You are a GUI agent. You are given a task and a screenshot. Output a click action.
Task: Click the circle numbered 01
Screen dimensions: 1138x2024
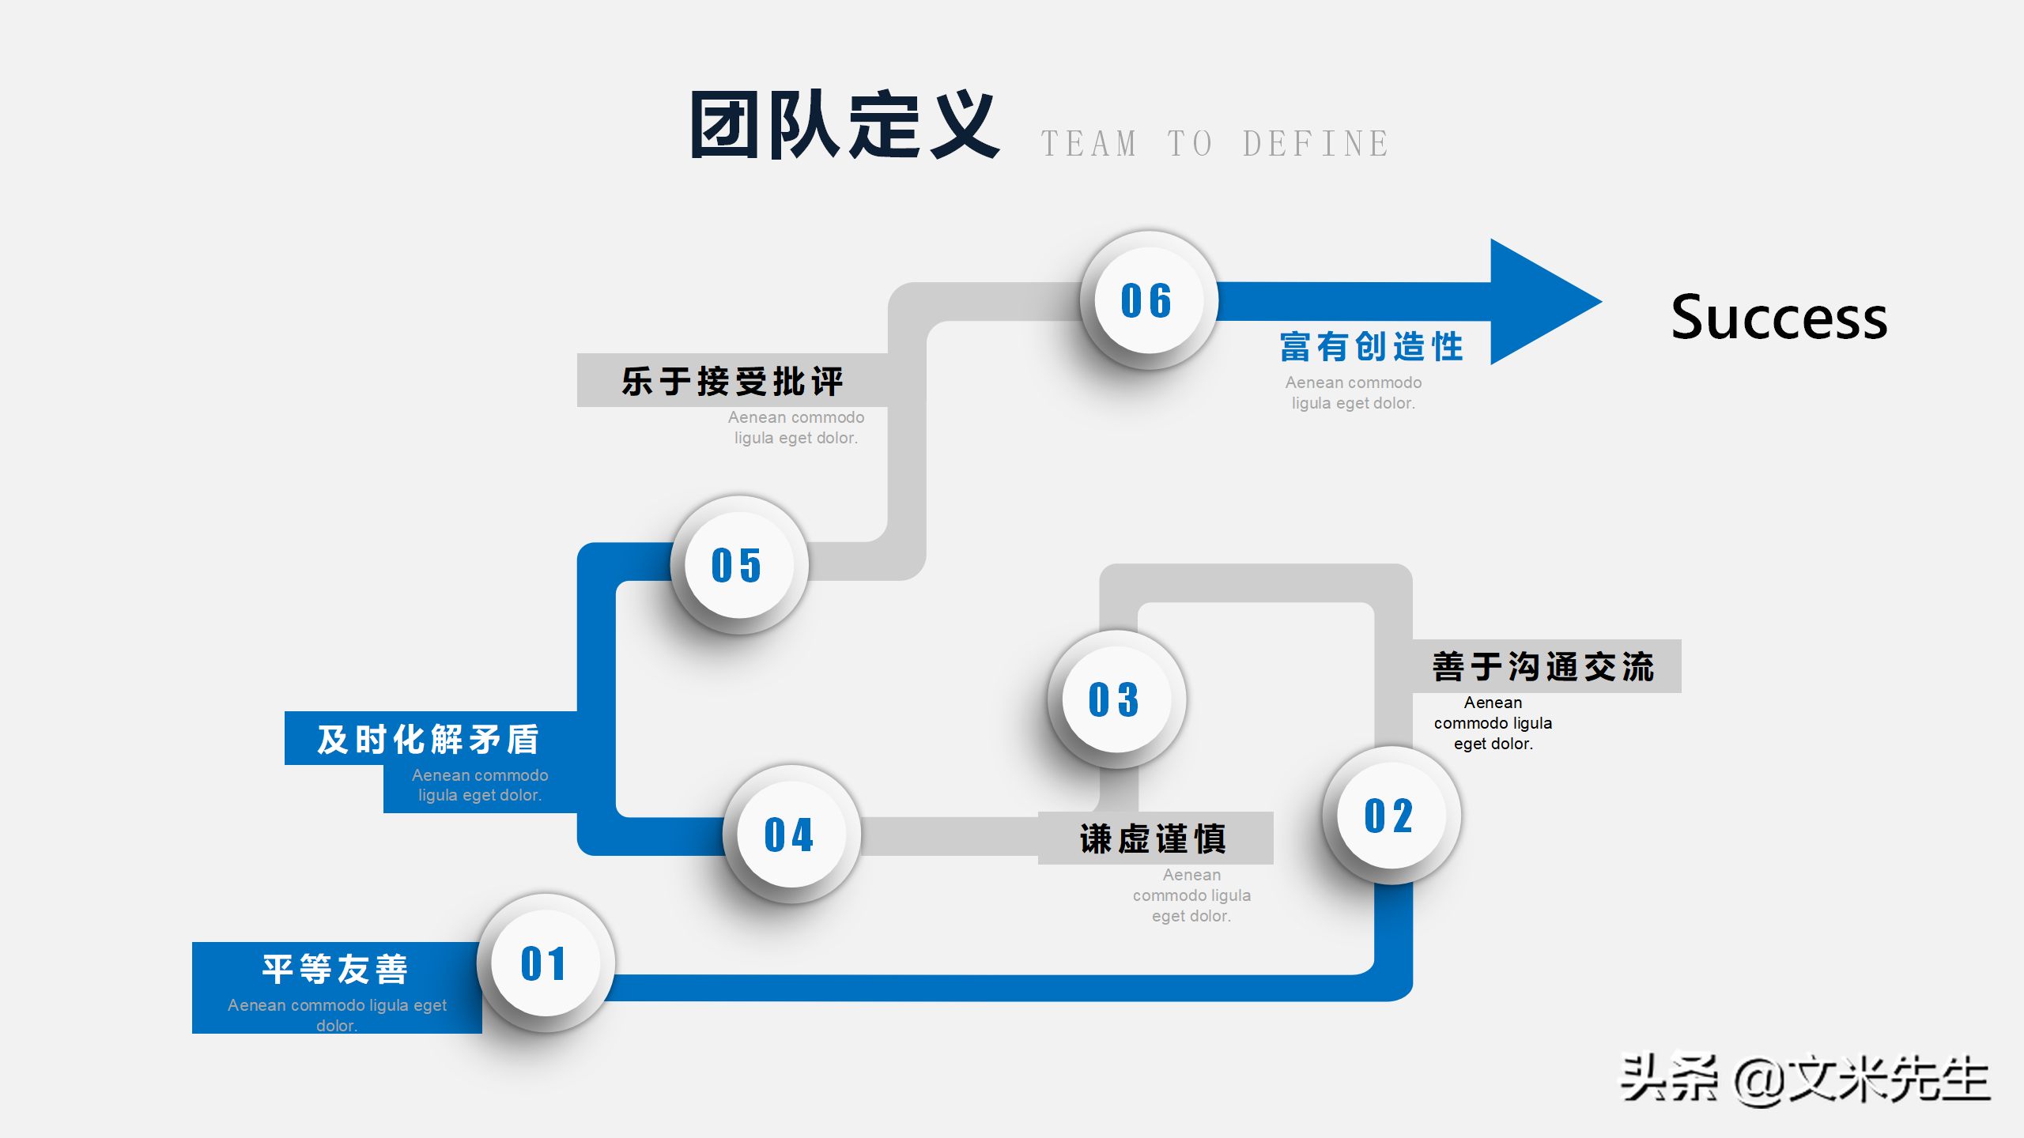click(546, 963)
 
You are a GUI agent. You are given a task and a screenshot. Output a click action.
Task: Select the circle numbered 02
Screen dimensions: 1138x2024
click(1391, 816)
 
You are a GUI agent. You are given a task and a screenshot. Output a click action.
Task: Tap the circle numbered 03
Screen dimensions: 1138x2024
click(1116, 699)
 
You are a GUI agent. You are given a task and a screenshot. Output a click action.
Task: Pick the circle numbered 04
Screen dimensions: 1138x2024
click(791, 835)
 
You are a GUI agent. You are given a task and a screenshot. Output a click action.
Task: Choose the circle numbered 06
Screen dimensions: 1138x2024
click(1148, 300)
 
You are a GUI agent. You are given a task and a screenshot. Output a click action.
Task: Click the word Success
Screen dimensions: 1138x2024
click(1779, 318)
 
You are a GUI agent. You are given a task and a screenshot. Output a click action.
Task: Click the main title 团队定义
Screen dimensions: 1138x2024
click(844, 125)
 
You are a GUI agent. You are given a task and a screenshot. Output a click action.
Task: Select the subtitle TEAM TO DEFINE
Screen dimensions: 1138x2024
click(1214, 144)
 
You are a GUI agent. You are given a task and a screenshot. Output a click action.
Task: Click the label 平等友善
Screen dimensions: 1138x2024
click(335, 969)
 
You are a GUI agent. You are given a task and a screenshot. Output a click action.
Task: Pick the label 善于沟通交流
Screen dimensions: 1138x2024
click(1543, 666)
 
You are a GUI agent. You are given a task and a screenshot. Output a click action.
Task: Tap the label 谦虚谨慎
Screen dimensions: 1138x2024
click(1153, 838)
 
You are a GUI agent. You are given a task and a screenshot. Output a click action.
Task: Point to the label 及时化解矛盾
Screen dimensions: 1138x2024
click(429, 739)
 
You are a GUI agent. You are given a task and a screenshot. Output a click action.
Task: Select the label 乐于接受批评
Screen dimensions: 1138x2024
click(732, 381)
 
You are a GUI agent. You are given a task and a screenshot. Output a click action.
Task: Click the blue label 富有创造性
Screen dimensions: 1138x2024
click(1372, 347)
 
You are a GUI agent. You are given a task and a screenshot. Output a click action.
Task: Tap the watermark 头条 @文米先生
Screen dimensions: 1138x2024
click(1804, 1080)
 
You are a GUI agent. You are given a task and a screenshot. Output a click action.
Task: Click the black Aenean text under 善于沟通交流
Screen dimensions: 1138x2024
click(1493, 723)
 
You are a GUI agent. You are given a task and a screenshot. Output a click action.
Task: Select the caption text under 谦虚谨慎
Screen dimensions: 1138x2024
click(1191, 895)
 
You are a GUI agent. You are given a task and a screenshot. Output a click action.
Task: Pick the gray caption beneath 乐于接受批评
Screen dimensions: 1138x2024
click(796, 428)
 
